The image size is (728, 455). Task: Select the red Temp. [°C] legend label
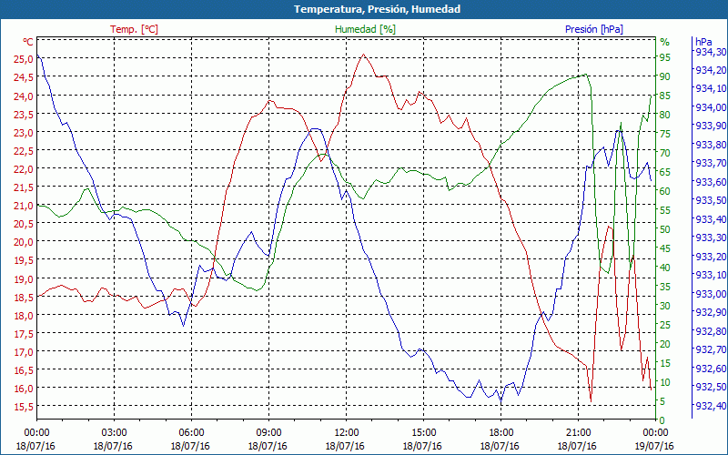pyautogui.click(x=134, y=29)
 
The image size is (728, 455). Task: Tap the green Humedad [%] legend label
pyautogui.click(x=365, y=29)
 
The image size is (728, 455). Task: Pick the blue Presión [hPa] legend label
pyautogui.click(x=593, y=29)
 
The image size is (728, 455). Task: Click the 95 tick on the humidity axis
pyautogui.click(x=664, y=59)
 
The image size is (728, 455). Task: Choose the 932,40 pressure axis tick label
pyautogui.click(x=710, y=406)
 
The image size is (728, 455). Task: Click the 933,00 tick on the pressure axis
pyautogui.click(x=710, y=294)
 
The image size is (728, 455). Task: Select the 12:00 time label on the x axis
pyautogui.click(x=346, y=432)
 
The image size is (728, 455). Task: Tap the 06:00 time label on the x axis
pyautogui.click(x=191, y=432)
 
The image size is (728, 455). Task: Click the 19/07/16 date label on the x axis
pyautogui.click(x=655, y=446)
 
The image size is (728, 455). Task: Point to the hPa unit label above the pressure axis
pyautogui.click(x=703, y=42)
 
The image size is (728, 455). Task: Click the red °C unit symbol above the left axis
pyautogui.click(x=27, y=42)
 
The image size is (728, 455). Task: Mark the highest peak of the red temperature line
pyautogui.click(x=363, y=55)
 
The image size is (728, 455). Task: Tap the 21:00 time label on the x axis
pyautogui.click(x=578, y=432)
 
